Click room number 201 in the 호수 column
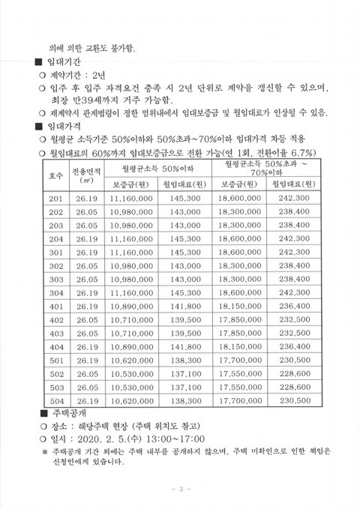[56, 199]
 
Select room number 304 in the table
[56, 292]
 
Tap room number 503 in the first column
[56, 387]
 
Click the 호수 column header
[56, 175]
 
